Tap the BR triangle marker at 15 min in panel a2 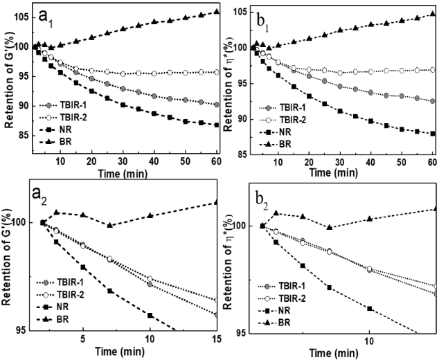[x=217, y=202]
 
